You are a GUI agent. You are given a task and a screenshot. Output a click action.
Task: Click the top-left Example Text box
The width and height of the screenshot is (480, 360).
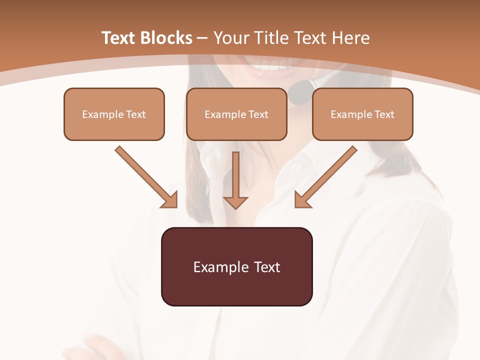114,114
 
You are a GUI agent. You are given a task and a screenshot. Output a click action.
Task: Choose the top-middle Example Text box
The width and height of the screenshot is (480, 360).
236,114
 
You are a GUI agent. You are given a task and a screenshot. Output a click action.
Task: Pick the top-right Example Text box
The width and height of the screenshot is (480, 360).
362,114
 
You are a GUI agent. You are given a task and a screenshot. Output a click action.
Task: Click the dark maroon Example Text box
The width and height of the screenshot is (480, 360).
236,266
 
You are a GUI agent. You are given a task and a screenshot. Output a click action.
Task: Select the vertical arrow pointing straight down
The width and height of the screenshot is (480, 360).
235,180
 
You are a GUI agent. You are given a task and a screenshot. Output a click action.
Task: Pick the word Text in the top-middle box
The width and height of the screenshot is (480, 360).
258,114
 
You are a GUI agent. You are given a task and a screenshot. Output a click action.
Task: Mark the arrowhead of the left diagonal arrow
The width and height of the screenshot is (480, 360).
170,200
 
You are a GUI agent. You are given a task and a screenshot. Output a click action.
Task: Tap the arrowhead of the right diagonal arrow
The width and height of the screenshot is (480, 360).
302,200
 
